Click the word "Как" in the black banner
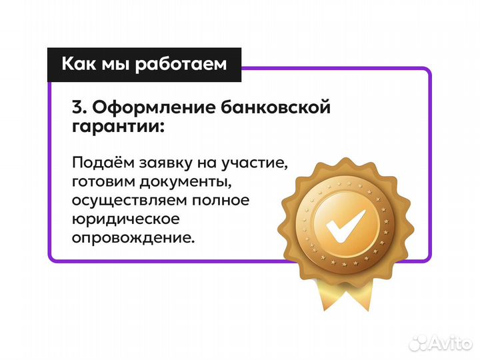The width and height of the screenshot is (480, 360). tap(79, 65)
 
